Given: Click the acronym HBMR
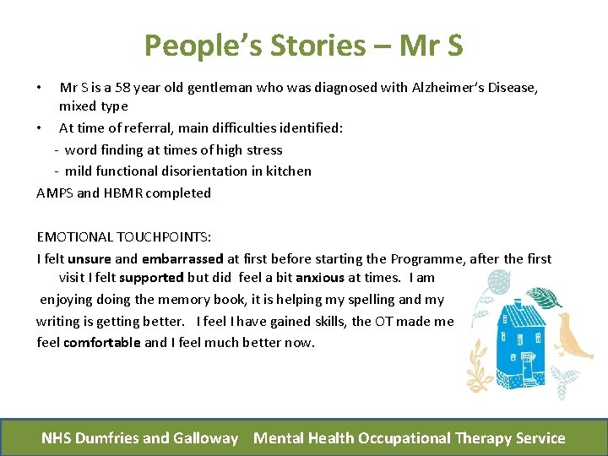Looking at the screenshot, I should coord(123,193).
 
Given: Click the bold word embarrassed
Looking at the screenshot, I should coord(182,258).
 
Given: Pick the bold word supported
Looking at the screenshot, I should coord(152,277).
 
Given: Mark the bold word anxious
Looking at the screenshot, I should coord(320,277).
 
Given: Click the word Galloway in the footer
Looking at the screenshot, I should coord(206,438).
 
